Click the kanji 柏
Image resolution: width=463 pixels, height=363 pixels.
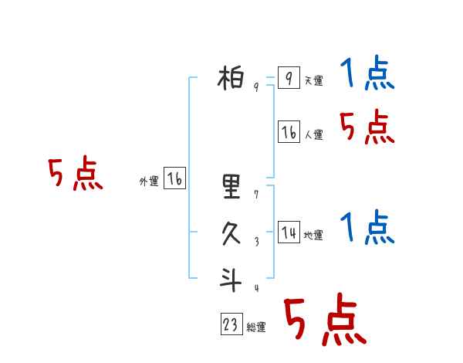[231, 78]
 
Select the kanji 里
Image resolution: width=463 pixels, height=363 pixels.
[231, 185]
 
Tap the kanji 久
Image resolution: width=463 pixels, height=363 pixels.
[231, 234]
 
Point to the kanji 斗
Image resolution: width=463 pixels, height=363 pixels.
[231, 279]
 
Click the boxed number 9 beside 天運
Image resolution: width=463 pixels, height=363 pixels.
[288, 78]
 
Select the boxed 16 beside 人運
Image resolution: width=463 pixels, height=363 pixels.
[289, 132]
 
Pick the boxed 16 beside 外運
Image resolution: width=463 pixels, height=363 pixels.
[174, 179]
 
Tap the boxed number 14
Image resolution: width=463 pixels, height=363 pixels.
[289, 232]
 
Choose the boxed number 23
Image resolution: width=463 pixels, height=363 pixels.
[231, 325]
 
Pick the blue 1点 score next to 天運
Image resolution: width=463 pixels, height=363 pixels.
[367, 74]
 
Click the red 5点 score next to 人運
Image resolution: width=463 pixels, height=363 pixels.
[367, 127]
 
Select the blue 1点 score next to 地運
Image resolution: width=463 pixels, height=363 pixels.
[367, 228]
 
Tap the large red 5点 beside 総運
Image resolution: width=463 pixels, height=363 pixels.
[325, 319]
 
